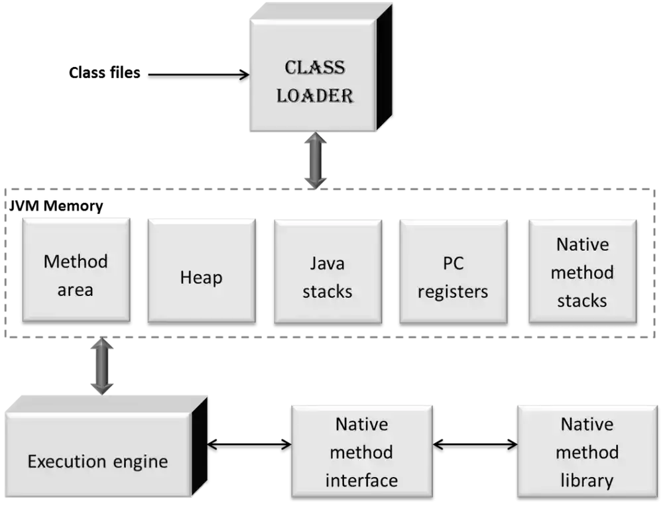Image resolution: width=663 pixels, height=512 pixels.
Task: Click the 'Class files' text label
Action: pyautogui.click(x=105, y=73)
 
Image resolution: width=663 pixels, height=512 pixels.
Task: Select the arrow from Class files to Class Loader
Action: pyautogui.click(x=199, y=75)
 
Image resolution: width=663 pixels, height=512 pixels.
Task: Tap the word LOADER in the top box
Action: pyautogui.click(x=314, y=95)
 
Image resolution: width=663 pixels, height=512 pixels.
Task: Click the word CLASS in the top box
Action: pyautogui.click(x=314, y=68)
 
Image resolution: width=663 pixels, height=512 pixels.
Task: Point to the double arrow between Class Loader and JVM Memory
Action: pyautogui.click(x=316, y=160)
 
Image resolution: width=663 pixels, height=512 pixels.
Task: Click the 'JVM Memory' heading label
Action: pyautogui.click(x=56, y=206)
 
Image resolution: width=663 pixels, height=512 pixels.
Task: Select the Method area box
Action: pyautogui.click(x=76, y=270)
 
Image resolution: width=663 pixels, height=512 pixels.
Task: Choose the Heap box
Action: pyautogui.click(x=202, y=271)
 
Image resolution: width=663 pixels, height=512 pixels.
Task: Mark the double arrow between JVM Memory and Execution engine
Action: pyautogui.click(x=102, y=366)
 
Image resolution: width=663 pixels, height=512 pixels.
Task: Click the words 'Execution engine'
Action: pyautogui.click(x=97, y=461)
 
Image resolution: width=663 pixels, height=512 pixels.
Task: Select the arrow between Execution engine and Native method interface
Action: pyautogui.click(x=249, y=444)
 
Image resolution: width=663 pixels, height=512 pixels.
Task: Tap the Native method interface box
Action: pyautogui.click(x=362, y=452)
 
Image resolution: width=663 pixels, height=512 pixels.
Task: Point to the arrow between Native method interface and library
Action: pyautogui.click(x=475, y=444)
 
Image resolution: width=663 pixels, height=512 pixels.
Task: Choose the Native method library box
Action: pyautogui.click(x=587, y=452)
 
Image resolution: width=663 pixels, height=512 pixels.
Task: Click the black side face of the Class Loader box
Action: pyautogui.click(x=384, y=68)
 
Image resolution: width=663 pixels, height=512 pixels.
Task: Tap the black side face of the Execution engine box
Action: pyautogui.click(x=199, y=446)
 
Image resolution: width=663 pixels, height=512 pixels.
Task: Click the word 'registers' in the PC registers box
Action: pyautogui.click(x=453, y=292)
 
